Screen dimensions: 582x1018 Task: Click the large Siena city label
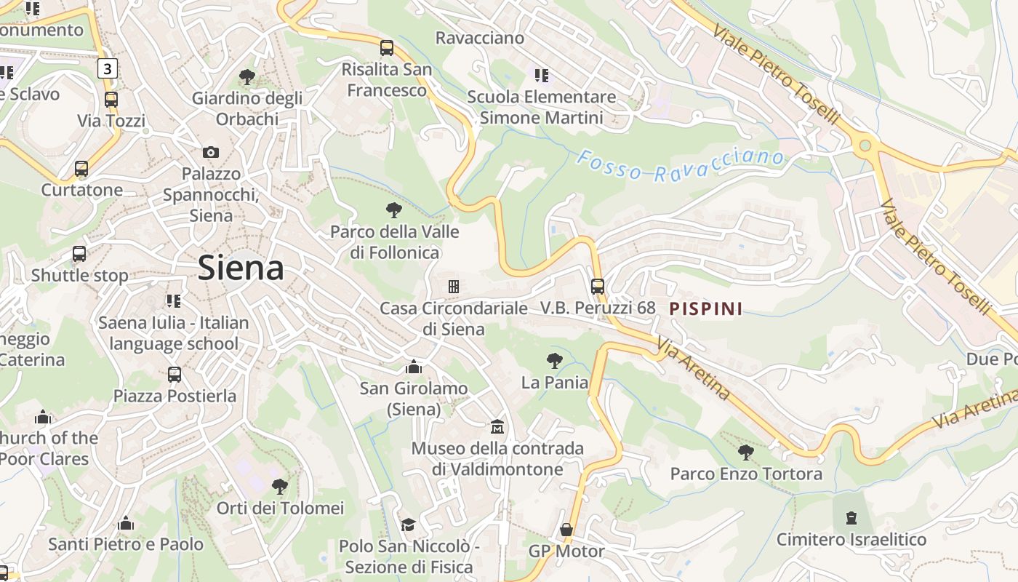click(241, 268)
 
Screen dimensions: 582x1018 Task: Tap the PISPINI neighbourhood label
click(705, 308)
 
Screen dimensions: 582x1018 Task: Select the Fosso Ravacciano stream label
click(681, 165)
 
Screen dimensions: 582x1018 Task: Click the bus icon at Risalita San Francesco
click(387, 48)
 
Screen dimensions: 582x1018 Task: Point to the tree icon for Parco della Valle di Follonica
click(394, 210)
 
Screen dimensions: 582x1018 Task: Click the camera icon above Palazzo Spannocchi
click(210, 152)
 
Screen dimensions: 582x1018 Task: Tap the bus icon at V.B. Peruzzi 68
click(598, 287)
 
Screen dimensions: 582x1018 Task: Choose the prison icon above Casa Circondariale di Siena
click(454, 287)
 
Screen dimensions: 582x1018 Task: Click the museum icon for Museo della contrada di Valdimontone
click(497, 426)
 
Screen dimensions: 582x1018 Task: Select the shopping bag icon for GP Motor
click(566, 530)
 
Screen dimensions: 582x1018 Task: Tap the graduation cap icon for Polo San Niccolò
click(409, 525)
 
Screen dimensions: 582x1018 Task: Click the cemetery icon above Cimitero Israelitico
click(851, 518)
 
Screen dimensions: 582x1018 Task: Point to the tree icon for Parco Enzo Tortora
click(745, 453)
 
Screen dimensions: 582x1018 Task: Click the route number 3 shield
click(108, 68)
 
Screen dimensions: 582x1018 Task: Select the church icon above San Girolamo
click(414, 367)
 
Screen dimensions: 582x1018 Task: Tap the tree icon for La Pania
click(554, 360)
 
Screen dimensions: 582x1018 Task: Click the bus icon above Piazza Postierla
click(175, 375)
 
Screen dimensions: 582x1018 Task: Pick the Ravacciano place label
click(479, 38)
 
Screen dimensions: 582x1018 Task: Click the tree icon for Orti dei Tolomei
click(279, 486)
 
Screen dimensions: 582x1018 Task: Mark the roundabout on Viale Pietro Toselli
click(865, 145)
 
